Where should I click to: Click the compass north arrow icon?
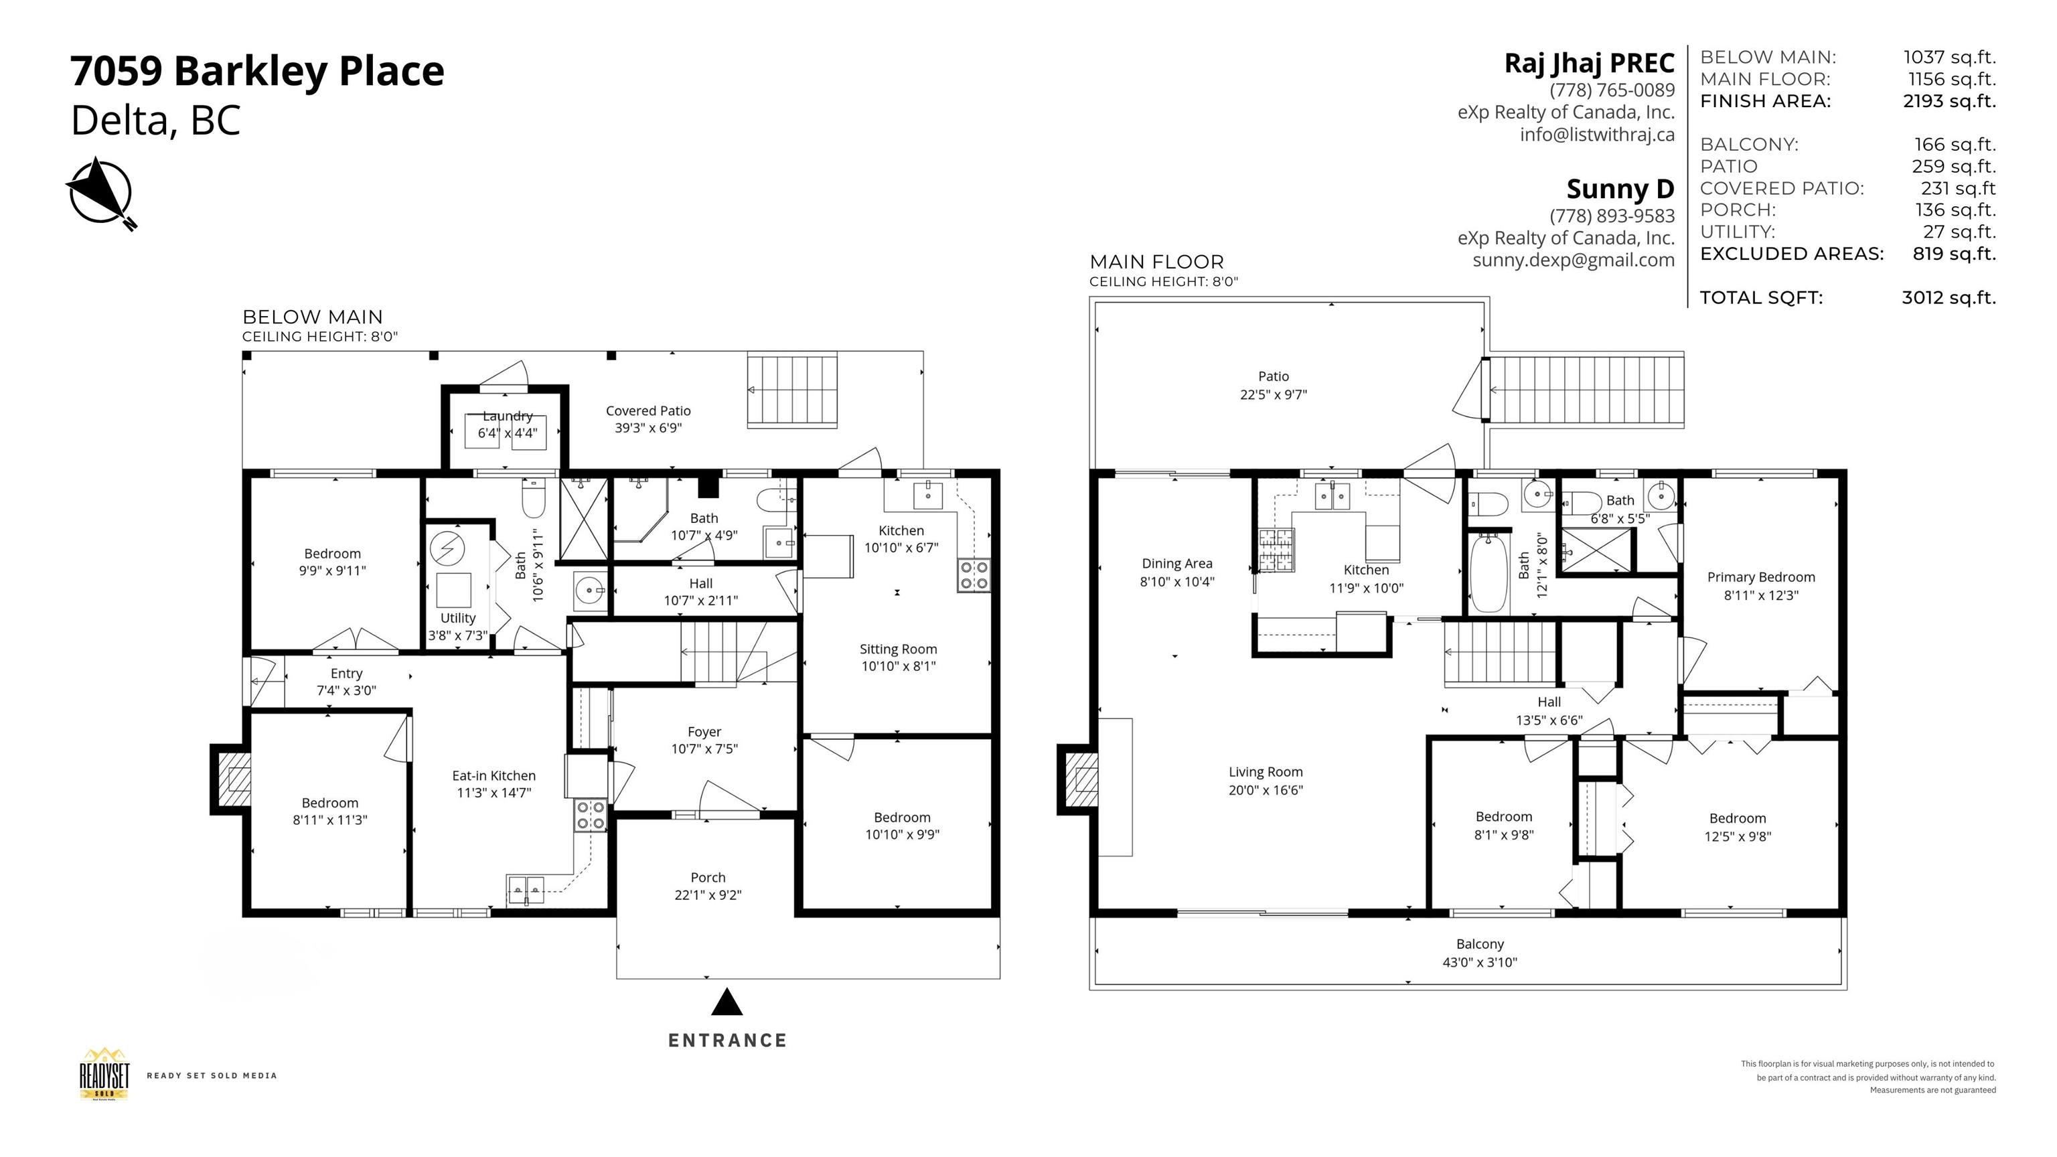[100, 192]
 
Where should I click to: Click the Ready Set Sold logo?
[104, 1075]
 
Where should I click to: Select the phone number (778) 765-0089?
[1612, 90]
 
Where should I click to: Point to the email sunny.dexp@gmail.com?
[1573, 260]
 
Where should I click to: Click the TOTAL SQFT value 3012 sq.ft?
[1949, 298]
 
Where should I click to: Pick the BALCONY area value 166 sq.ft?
[1955, 145]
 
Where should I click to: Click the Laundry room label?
[507, 416]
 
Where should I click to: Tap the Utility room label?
[457, 618]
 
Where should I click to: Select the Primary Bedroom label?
[1761, 577]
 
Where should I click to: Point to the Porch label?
[708, 878]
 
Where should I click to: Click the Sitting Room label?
[899, 649]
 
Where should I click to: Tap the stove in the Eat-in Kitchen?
[590, 816]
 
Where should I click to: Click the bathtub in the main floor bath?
[1489, 573]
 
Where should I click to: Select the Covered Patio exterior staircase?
[792, 390]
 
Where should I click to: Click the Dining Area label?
[1177, 564]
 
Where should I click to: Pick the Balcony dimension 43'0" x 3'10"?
[1480, 962]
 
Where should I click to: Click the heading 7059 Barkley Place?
[257, 70]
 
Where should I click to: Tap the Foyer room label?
[704, 732]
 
